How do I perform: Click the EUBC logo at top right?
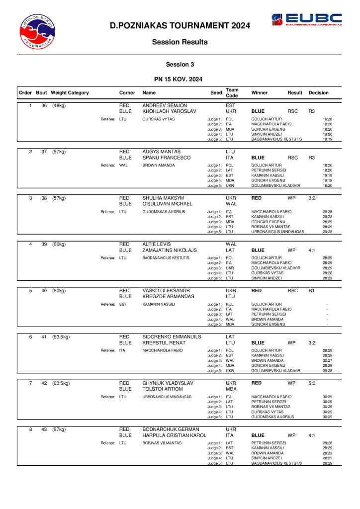pyautogui.click(x=306, y=20)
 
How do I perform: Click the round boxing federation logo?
pyautogui.click(x=38, y=31)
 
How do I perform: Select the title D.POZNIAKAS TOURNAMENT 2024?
pyautogui.click(x=180, y=26)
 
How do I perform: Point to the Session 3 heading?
pyautogui.click(x=180, y=64)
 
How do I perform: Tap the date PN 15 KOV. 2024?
pyautogui.click(x=180, y=79)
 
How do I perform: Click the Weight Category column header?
pyautogui.click(x=70, y=93)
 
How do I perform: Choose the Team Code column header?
pyautogui.click(x=232, y=93)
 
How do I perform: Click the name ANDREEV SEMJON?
pyautogui.click(x=165, y=105)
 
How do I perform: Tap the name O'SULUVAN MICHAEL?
pyautogui.click(x=167, y=204)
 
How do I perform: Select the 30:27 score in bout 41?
pyautogui.click(x=327, y=360)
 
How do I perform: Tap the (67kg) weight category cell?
pyautogui.click(x=59, y=429)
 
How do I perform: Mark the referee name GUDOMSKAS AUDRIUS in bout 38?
pyautogui.click(x=164, y=212)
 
